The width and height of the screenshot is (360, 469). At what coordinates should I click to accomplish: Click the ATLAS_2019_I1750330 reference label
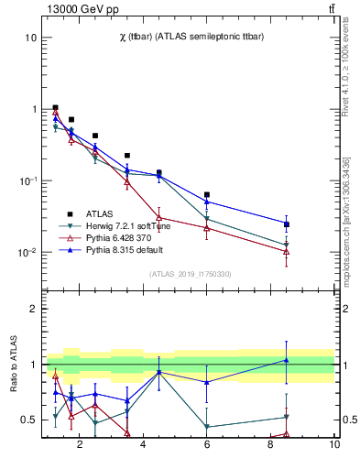click(190, 274)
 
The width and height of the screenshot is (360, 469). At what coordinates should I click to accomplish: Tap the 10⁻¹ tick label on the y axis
click(27, 180)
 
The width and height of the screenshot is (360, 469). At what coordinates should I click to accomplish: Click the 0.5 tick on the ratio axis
click(28, 420)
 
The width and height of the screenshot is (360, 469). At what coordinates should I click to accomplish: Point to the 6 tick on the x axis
click(207, 445)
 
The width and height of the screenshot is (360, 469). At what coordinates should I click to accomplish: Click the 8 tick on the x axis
click(271, 445)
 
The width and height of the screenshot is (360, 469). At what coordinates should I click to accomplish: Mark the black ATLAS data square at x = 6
click(207, 194)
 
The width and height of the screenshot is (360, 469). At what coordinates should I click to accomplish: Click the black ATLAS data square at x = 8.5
click(287, 224)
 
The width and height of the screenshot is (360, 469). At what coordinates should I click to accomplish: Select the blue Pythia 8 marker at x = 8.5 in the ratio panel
click(287, 360)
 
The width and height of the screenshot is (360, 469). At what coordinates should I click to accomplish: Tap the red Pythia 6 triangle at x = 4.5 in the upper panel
click(159, 218)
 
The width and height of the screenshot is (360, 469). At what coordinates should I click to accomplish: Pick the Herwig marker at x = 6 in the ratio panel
click(207, 427)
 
